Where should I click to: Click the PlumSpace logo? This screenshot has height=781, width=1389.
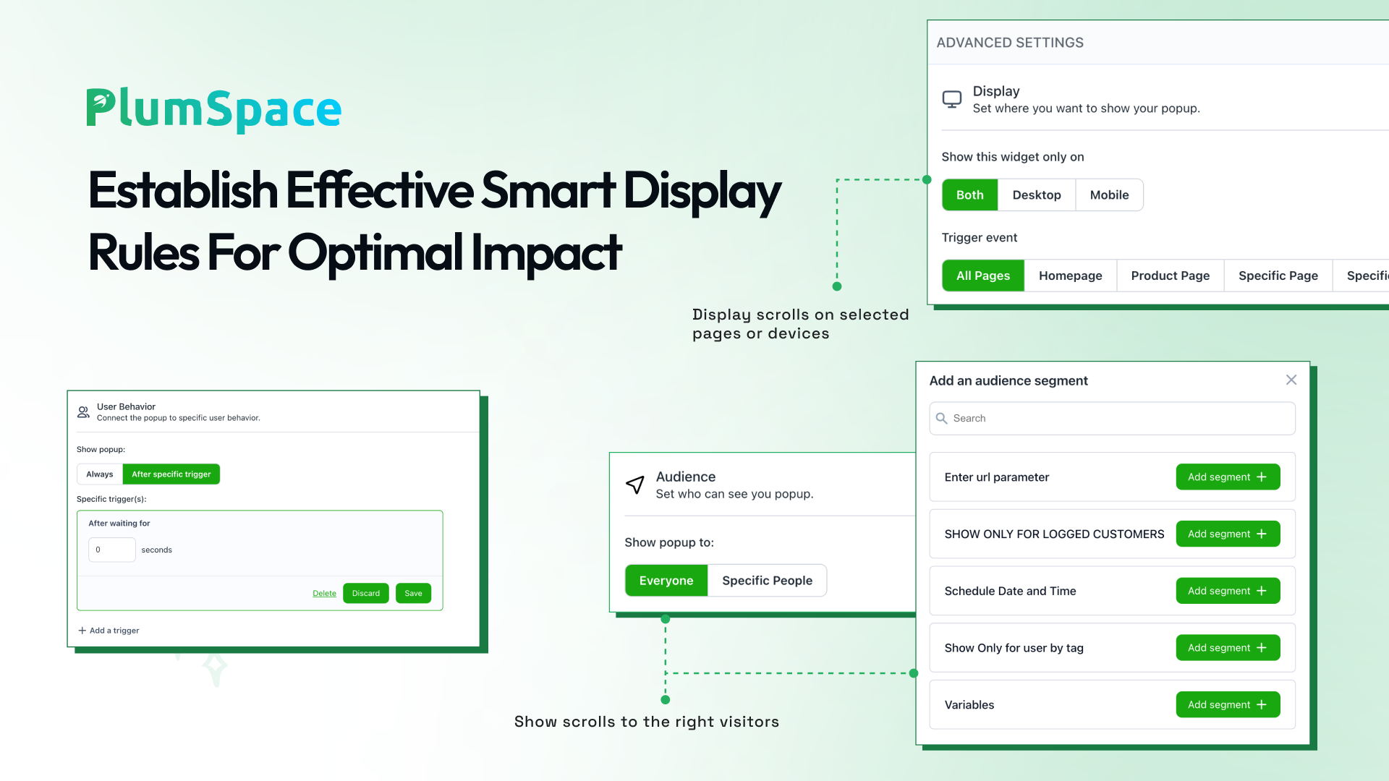tap(214, 110)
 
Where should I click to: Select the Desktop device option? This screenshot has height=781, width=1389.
tap(1037, 195)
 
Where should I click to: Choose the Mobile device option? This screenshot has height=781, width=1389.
tap(1109, 195)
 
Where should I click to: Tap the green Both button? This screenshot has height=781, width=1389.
tap(970, 195)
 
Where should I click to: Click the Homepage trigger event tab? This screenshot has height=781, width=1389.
tap(1070, 276)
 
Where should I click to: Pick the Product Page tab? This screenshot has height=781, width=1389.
tap(1170, 276)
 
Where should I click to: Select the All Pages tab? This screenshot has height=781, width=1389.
tap(983, 276)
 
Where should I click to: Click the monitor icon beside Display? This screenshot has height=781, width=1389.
tap(952, 100)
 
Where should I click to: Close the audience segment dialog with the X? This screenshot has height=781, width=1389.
tap(1291, 380)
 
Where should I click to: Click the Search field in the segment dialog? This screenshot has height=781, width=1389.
tap(1113, 418)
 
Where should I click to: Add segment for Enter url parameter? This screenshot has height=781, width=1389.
tap(1228, 477)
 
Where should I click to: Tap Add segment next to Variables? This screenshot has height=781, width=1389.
tap(1228, 705)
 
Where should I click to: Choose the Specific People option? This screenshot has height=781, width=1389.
tap(767, 581)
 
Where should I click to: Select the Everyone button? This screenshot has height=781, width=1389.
tap(666, 581)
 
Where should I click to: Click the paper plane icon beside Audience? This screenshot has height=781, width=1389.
tap(635, 485)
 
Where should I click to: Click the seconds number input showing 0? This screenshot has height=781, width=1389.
tap(112, 550)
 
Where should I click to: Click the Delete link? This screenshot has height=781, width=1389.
tap(324, 594)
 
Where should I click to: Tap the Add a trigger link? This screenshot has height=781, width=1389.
tap(109, 631)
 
